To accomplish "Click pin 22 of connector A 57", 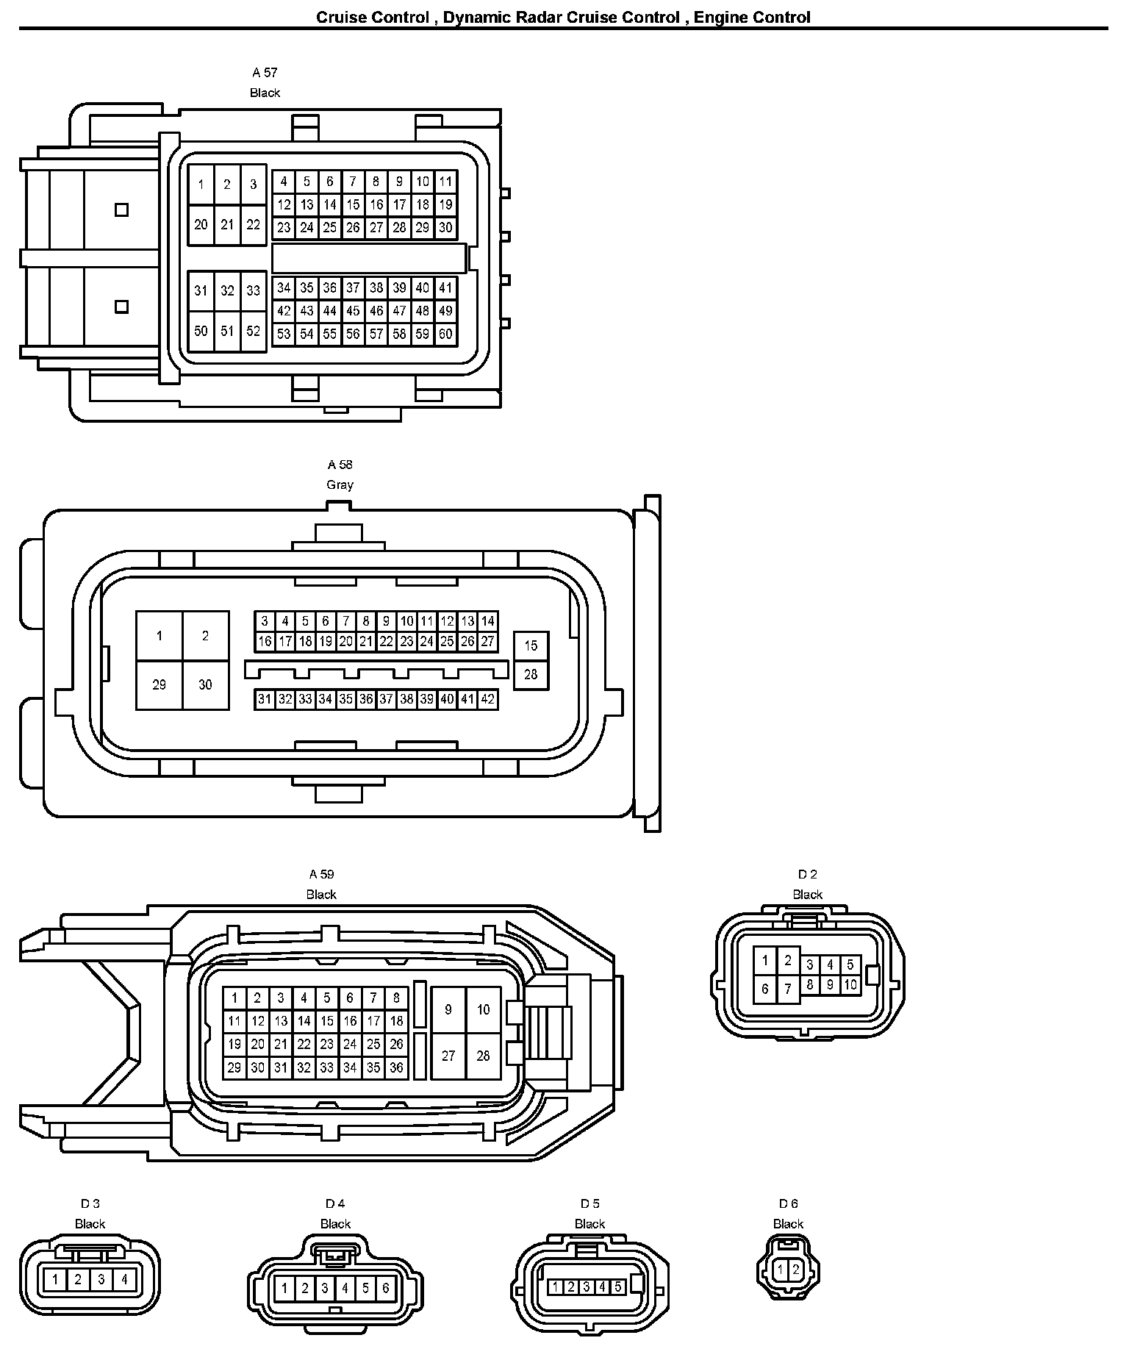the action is coord(253,225).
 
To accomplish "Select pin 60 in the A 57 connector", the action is coord(445,334).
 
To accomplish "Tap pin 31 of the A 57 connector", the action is coord(201,291).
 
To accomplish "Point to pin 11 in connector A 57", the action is coord(445,182).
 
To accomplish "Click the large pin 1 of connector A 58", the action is coord(160,636).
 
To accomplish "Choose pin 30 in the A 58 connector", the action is coord(205,685).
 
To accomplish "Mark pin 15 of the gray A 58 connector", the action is coord(531,646).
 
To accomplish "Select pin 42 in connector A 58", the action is coord(487,699).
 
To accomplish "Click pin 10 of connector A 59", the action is coord(483,1010).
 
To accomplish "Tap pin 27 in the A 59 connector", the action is coord(448,1056).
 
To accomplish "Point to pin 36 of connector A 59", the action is coord(396,1067).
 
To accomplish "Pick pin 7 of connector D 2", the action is coord(788,989).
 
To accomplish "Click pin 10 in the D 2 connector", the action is coord(850,985).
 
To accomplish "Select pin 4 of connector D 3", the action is coord(124,1280).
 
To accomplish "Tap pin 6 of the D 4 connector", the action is coord(385,1288).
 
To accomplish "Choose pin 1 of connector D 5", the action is coord(556,1287).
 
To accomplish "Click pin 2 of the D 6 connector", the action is coord(795,1270).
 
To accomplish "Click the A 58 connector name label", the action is coord(340,465).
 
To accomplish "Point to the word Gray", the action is coord(340,485).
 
